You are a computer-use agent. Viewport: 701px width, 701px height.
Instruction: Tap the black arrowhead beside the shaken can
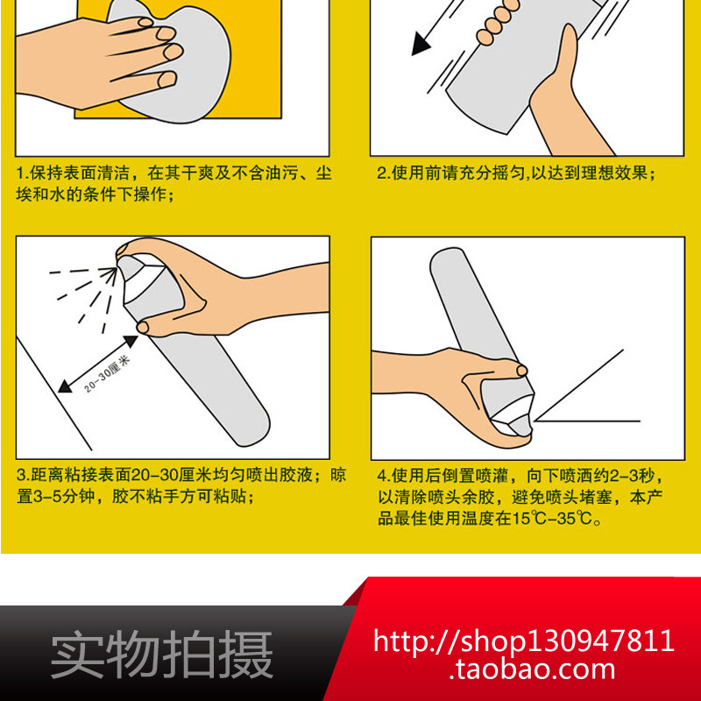click(420, 45)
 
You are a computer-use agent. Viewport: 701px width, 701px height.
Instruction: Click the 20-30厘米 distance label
click(107, 374)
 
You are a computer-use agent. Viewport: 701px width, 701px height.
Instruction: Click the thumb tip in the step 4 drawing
click(521, 370)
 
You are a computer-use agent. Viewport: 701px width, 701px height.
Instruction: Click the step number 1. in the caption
click(23, 173)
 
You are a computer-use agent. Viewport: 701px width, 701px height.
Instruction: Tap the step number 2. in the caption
click(384, 173)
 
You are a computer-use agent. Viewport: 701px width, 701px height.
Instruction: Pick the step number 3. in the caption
click(24, 475)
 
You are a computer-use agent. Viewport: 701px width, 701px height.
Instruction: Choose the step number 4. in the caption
click(384, 476)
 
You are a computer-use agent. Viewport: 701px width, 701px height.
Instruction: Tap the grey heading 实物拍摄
click(162, 654)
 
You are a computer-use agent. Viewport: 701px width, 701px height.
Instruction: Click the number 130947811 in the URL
click(602, 641)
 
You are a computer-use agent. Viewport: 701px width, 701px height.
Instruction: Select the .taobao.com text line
click(532, 669)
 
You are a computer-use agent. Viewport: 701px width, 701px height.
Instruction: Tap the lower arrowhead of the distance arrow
click(65, 386)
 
